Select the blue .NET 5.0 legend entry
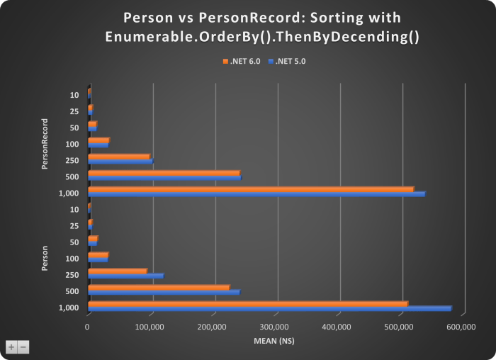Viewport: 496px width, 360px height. [288, 62]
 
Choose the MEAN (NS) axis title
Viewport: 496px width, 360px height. [274, 341]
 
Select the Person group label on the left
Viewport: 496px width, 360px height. [46, 258]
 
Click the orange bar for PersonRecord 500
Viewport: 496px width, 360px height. [164, 172]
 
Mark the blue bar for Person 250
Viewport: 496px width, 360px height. [125, 276]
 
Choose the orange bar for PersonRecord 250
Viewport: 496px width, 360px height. [118, 156]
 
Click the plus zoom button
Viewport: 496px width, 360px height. [11, 347]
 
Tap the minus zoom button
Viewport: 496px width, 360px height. [23, 347]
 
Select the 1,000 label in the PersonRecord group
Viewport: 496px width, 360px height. [69, 192]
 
